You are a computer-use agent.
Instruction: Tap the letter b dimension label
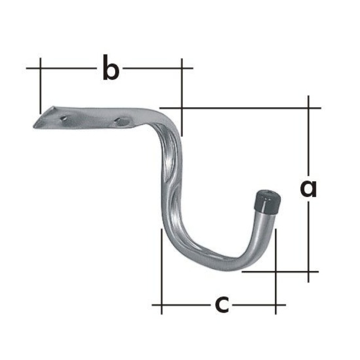110,68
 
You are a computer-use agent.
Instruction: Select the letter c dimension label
221,305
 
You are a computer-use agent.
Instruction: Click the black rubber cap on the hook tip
268,202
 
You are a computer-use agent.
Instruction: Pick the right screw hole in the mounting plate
121,121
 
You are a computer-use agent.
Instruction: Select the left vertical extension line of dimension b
40,85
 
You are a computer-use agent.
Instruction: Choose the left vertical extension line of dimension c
162,270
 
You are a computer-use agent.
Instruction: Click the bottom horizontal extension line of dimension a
279,271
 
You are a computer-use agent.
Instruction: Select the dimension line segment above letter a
308,139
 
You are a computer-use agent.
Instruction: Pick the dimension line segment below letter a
308,238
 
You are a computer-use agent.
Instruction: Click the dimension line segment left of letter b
67,68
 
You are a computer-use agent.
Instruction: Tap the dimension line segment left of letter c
184,305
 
